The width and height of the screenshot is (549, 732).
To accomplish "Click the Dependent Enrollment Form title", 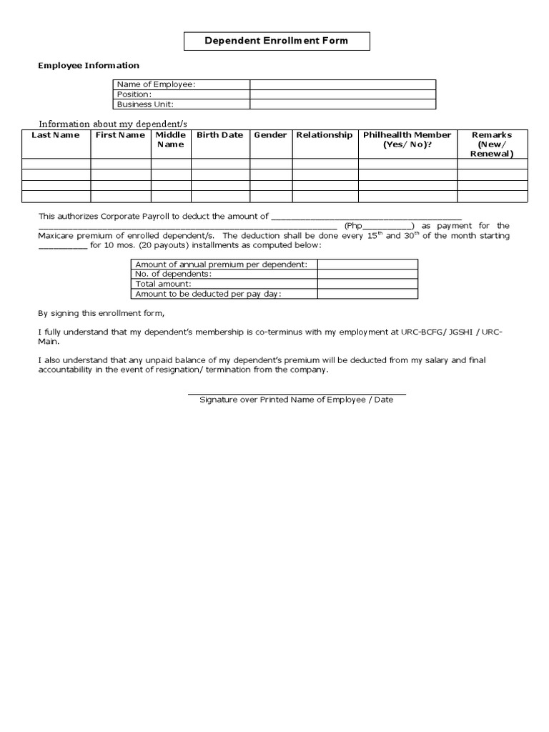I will (x=277, y=41).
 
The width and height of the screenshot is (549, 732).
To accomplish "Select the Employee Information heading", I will (x=89, y=66).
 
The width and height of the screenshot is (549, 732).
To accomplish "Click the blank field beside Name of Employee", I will (x=342, y=84).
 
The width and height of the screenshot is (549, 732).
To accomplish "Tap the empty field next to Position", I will (x=342, y=94).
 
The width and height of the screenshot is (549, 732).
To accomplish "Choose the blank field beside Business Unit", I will (x=342, y=104).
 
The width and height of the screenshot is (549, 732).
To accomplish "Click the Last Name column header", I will (x=56, y=135).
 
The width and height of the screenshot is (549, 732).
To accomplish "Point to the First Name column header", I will (x=120, y=135).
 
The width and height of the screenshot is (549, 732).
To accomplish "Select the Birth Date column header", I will (x=220, y=135).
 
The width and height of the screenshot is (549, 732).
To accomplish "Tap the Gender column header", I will (x=270, y=135).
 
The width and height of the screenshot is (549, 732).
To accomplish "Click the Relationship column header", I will (x=325, y=135).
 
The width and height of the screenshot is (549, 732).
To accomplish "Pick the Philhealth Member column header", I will (x=407, y=139).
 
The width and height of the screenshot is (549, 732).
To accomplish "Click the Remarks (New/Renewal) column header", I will (x=492, y=144).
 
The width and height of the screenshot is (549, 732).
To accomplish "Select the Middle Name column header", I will (x=171, y=139).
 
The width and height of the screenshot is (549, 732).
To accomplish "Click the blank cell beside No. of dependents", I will (x=367, y=274).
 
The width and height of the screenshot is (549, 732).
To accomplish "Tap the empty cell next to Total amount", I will (x=367, y=284).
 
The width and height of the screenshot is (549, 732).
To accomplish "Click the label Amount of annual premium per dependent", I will (x=222, y=264).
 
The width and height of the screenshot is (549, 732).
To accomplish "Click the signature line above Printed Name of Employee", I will (x=297, y=393).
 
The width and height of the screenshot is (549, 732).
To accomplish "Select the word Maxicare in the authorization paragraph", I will (x=58, y=236).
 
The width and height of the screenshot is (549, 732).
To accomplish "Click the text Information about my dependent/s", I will (x=112, y=124).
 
